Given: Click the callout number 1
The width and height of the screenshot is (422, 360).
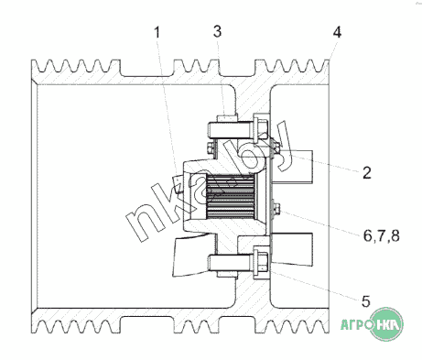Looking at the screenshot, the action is click(x=157, y=32).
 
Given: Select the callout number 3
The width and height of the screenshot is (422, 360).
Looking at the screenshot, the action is click(x=217, y=31).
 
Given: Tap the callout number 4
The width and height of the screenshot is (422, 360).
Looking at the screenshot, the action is click(x=337, y=32).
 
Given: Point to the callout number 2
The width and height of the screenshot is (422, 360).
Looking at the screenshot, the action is click(x=367, y=173).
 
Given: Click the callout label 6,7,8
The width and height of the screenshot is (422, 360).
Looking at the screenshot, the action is click(x=382, y=235).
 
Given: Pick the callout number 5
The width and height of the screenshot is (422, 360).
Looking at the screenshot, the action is click(x=366, y=301).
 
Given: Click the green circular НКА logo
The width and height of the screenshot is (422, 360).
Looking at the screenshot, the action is click(x=386, y=324).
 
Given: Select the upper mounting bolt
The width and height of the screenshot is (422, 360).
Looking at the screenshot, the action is click(x=238, y=130).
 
